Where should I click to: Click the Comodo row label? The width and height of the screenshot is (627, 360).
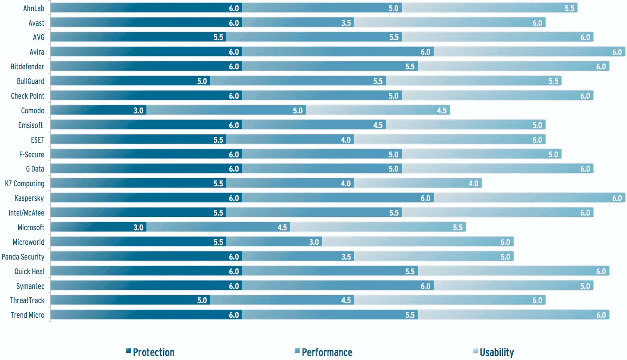tap(32, 111)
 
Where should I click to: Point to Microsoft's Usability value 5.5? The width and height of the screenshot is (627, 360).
tap(458, 228)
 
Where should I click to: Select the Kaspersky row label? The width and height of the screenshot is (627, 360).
tap(29, 198)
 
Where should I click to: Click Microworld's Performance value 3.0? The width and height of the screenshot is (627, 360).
tap(314, 242)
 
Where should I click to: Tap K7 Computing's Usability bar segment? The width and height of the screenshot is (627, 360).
tap(418, 184)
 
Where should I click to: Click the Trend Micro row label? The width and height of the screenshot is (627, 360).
tap(28, 315)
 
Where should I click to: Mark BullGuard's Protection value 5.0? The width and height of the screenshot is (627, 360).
tap(202, 81)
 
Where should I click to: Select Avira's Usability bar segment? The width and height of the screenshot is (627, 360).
tap(529, 52)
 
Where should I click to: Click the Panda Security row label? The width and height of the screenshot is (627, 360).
tap(23, 257)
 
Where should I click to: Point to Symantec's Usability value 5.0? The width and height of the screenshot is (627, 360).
tap(585, 286)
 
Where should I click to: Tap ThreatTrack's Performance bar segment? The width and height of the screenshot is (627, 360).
tap(282, 300)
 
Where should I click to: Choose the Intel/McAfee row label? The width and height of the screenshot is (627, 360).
tap(26, 213)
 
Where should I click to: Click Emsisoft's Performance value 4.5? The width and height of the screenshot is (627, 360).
tap(378, 125)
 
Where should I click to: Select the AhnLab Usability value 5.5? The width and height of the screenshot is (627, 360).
tap(570, 8)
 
